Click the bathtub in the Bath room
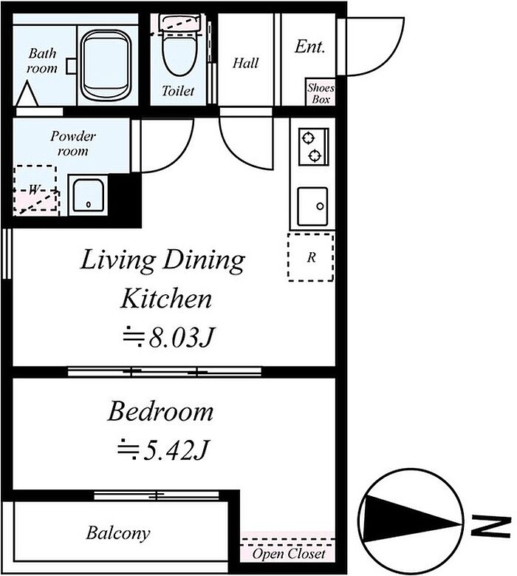pos(106,64)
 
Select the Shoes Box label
pos(321,93)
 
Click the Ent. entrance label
pos(309,47)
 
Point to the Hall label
pos(245,63)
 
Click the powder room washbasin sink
pos(88,195)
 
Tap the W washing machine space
pos(35,188)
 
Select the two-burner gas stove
pos(313,146)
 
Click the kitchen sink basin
pos(312,206)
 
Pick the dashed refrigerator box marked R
pos(311,257)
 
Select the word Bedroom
pos(160,411)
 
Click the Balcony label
pos(118,533)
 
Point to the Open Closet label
pos(289,554)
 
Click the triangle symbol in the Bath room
pos(27,94)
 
